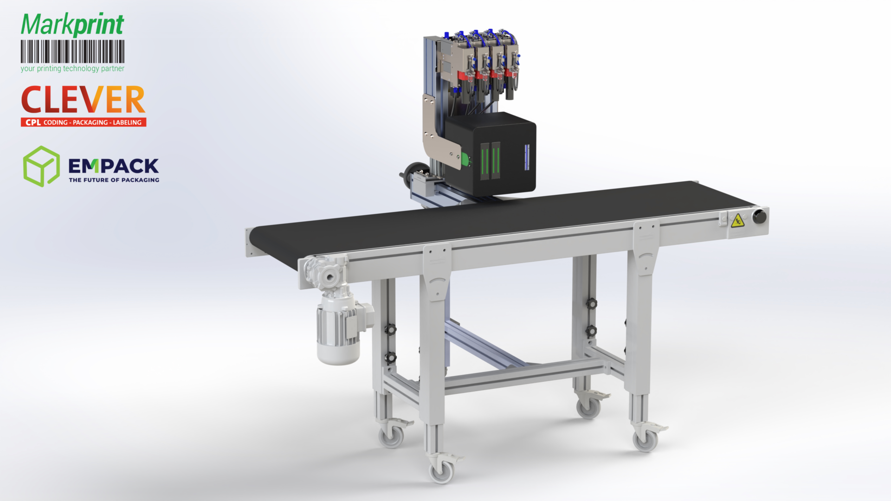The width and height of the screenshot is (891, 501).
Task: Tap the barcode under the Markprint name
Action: [72, 51]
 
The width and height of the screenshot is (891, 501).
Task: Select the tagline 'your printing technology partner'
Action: [72, 69]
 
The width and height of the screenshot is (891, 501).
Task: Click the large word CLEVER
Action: [84, 99]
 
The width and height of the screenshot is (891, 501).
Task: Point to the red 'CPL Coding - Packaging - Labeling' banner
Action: [84, 122]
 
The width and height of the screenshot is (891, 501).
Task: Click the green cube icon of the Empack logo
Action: [41, 167]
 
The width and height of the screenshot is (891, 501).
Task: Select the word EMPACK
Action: [114, 166]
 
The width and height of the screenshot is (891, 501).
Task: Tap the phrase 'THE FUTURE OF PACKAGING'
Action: [114, 180]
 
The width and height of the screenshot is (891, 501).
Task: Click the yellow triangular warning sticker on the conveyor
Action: [737, 221]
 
